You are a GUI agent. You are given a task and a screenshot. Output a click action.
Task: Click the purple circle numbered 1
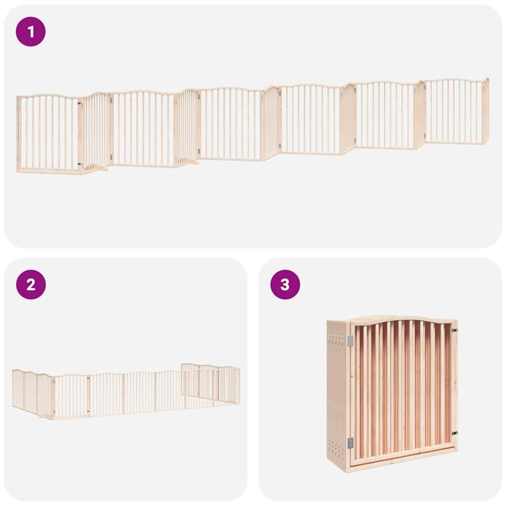[31, 31]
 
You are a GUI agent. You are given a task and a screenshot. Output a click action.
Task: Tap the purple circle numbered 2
[31, 285]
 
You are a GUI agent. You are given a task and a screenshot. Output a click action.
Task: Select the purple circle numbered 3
[285, 285]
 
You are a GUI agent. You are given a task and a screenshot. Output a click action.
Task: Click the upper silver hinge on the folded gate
[350, 341]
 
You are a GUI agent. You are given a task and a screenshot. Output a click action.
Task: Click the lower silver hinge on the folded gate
[350, 442]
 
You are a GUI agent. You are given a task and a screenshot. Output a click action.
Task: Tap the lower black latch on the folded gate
[454, 433]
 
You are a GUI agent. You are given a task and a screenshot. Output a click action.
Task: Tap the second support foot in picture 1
[188, 161]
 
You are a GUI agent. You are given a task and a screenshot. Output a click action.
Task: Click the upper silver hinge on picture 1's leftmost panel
[18, 104]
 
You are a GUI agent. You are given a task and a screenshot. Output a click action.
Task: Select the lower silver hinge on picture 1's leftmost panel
[18, 157]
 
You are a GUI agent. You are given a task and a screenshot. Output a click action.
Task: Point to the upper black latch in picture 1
[79, 102]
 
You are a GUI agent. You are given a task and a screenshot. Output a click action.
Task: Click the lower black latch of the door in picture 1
[79, 164]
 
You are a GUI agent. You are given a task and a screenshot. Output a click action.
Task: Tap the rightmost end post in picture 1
[486, 110]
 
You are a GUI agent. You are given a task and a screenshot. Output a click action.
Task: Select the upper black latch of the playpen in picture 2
[54, 381]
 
